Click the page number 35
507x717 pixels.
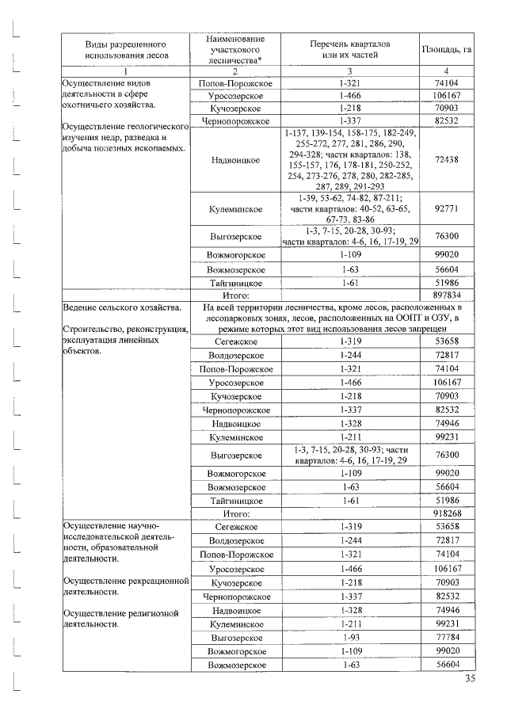pos(470,678)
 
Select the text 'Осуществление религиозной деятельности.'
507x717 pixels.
pos(116,618)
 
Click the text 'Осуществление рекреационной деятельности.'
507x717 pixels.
pos(123,586)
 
